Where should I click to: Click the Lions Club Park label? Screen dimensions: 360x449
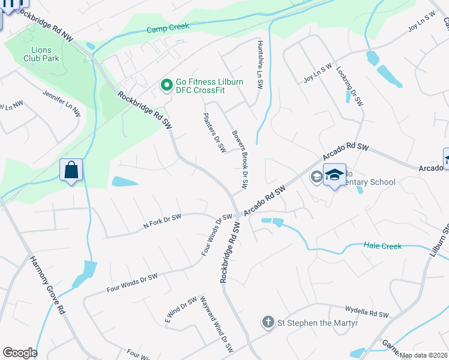tap(41, 54)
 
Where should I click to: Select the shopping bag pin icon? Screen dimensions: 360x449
tap(71, 170)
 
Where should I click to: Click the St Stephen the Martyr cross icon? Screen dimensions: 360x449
tap(268, 323)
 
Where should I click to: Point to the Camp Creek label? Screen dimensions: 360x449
tap(168, 28)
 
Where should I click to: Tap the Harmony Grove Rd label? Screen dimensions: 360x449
tap(47, 286)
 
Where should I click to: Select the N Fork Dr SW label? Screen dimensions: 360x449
tap(162, 221)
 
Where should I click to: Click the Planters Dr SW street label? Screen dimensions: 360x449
tap(214, 132)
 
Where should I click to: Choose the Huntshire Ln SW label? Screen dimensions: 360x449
tap(259, 65)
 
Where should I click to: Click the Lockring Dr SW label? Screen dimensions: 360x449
tap(350, 86)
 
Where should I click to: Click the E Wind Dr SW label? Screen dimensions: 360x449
tap(181, 310)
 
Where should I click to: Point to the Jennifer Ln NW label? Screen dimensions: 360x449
tap(61, 103)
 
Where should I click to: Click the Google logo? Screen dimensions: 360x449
tap(20, 353)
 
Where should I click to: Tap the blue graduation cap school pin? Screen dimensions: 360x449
tap(334, 175)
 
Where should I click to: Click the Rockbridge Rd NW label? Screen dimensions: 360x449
tap(46, 25)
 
